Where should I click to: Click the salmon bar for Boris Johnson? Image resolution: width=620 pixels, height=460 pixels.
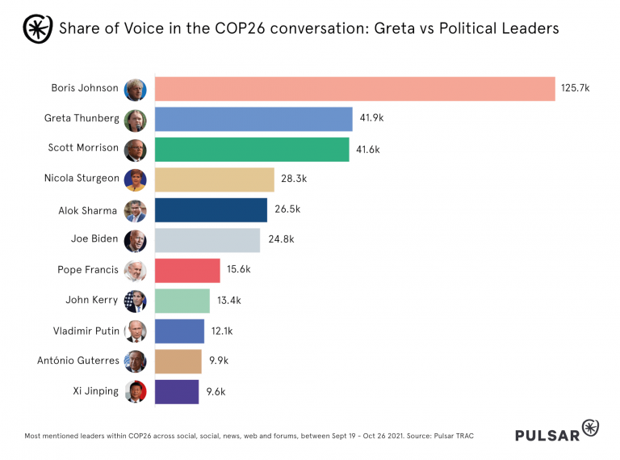click(354, 88)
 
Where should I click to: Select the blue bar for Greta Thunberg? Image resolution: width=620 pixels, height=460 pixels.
click(253, 118)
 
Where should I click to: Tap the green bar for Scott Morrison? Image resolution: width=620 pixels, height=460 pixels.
click(251, 149)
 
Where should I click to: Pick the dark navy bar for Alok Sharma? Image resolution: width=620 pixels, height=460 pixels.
click(210, 209)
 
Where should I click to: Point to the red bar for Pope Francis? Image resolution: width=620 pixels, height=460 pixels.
click(186, 270)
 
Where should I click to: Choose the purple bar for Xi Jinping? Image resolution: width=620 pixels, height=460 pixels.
click(176, 391)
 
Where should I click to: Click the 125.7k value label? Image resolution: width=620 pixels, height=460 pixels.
click(576, 88)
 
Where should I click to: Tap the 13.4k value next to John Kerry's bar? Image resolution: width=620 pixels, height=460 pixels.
click(228, 301)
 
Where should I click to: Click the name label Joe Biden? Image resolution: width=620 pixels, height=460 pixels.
click(94, 239)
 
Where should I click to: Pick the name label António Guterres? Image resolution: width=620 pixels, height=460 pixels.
click(78, 361)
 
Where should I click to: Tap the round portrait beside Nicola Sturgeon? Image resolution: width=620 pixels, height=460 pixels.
click(135, 179)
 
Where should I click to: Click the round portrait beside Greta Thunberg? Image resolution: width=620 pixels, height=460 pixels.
click(135, 119)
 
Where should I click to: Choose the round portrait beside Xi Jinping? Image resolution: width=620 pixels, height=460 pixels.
click(135, 391)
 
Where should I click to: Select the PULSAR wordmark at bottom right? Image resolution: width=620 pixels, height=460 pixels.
click(547, 435)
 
